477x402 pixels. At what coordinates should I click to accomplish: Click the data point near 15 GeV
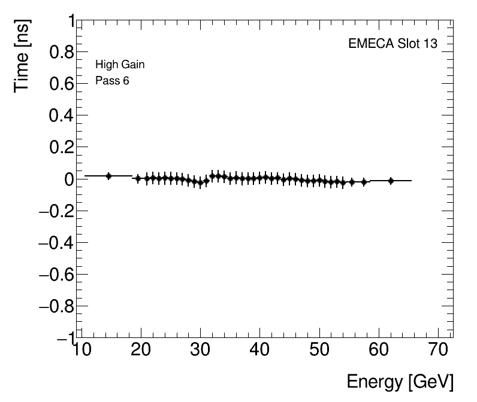pos(108,176)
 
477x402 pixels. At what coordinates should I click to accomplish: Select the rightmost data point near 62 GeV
pos(391,180)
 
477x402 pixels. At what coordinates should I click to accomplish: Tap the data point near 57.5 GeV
pos(364,181)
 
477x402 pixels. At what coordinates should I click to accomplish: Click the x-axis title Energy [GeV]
pos(400,382)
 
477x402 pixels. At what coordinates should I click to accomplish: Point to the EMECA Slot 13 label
pos(393,44)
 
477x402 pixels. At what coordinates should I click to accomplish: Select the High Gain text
pos(120,65)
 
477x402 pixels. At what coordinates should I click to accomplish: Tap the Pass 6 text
pos(112,81)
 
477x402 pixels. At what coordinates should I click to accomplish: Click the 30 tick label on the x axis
pos(200,349)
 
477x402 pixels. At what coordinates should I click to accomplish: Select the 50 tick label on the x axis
pos(319,349)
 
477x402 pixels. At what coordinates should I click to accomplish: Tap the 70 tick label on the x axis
pos(439,349)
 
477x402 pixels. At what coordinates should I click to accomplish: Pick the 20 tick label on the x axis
pos(141,349)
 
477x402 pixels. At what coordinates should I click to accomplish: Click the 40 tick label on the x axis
pos(260,349)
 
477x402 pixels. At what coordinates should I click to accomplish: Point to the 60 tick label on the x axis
pos(379,349)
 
